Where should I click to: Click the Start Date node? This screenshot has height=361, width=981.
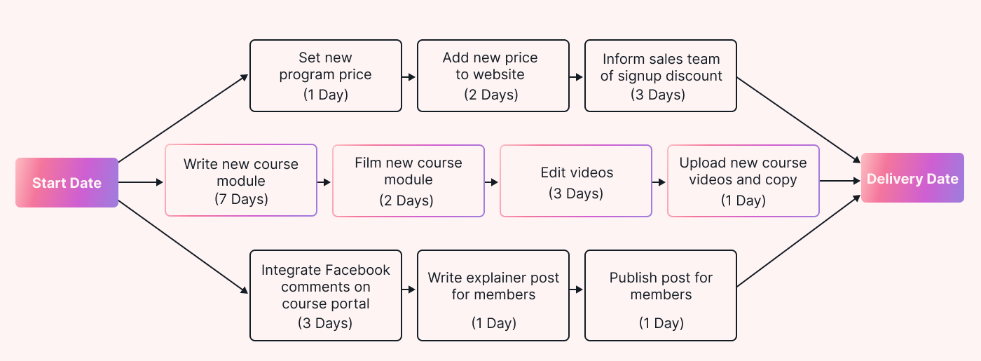pos(67,183)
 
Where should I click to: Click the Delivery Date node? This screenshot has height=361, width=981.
pos(912,179)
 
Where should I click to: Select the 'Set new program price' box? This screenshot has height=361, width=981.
pos(326,76)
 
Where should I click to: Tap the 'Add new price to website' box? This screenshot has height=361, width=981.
pos(493,76)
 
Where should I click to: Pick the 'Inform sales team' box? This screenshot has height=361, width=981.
pos(661,76)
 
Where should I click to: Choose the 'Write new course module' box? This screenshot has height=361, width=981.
pos(241,181)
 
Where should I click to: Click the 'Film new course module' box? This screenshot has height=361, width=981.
pos(409,181)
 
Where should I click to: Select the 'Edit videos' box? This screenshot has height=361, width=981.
pos(576,181)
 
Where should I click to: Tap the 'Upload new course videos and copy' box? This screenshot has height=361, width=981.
pos(743,181)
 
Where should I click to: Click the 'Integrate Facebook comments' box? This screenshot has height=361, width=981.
pos(326,296)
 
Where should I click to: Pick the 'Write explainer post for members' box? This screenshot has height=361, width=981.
pos(493,296)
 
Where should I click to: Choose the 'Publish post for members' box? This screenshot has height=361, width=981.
pos(661,296)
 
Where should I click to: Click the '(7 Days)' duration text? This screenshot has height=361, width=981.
pos(241,199)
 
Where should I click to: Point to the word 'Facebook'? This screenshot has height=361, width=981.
pos(357,270)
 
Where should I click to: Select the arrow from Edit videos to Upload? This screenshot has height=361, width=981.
pos(659,182)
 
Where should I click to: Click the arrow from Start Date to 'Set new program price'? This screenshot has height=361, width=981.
pos(184,118)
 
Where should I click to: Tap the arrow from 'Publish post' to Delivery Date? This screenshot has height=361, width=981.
pos(799,242)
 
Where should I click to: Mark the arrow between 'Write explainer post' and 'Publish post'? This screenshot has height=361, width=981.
pos(576,289)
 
